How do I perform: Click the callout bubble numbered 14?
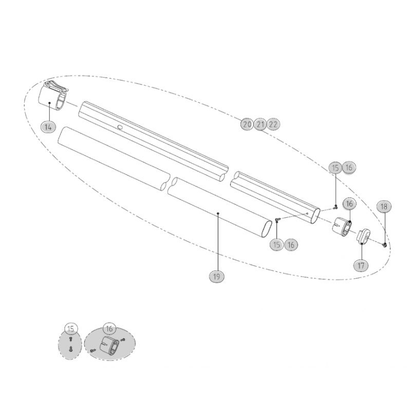point(48,127)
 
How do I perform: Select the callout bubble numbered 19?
point(216,276)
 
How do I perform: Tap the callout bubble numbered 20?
point(247,124)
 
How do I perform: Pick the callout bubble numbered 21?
point(260,124)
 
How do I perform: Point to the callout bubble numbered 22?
point(273,124)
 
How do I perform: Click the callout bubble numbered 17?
point(361,266)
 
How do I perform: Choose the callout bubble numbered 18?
point(384,207)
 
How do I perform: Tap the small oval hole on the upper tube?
point(120,127)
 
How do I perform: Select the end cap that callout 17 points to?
point(364,236)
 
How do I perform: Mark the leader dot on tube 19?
point(218,214)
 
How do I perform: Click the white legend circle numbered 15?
point(71,329)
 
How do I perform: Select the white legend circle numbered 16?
point(109,329)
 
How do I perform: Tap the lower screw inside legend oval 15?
point(70,349)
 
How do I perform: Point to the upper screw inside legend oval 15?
point(70,339)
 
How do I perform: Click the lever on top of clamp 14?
point(56,85)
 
